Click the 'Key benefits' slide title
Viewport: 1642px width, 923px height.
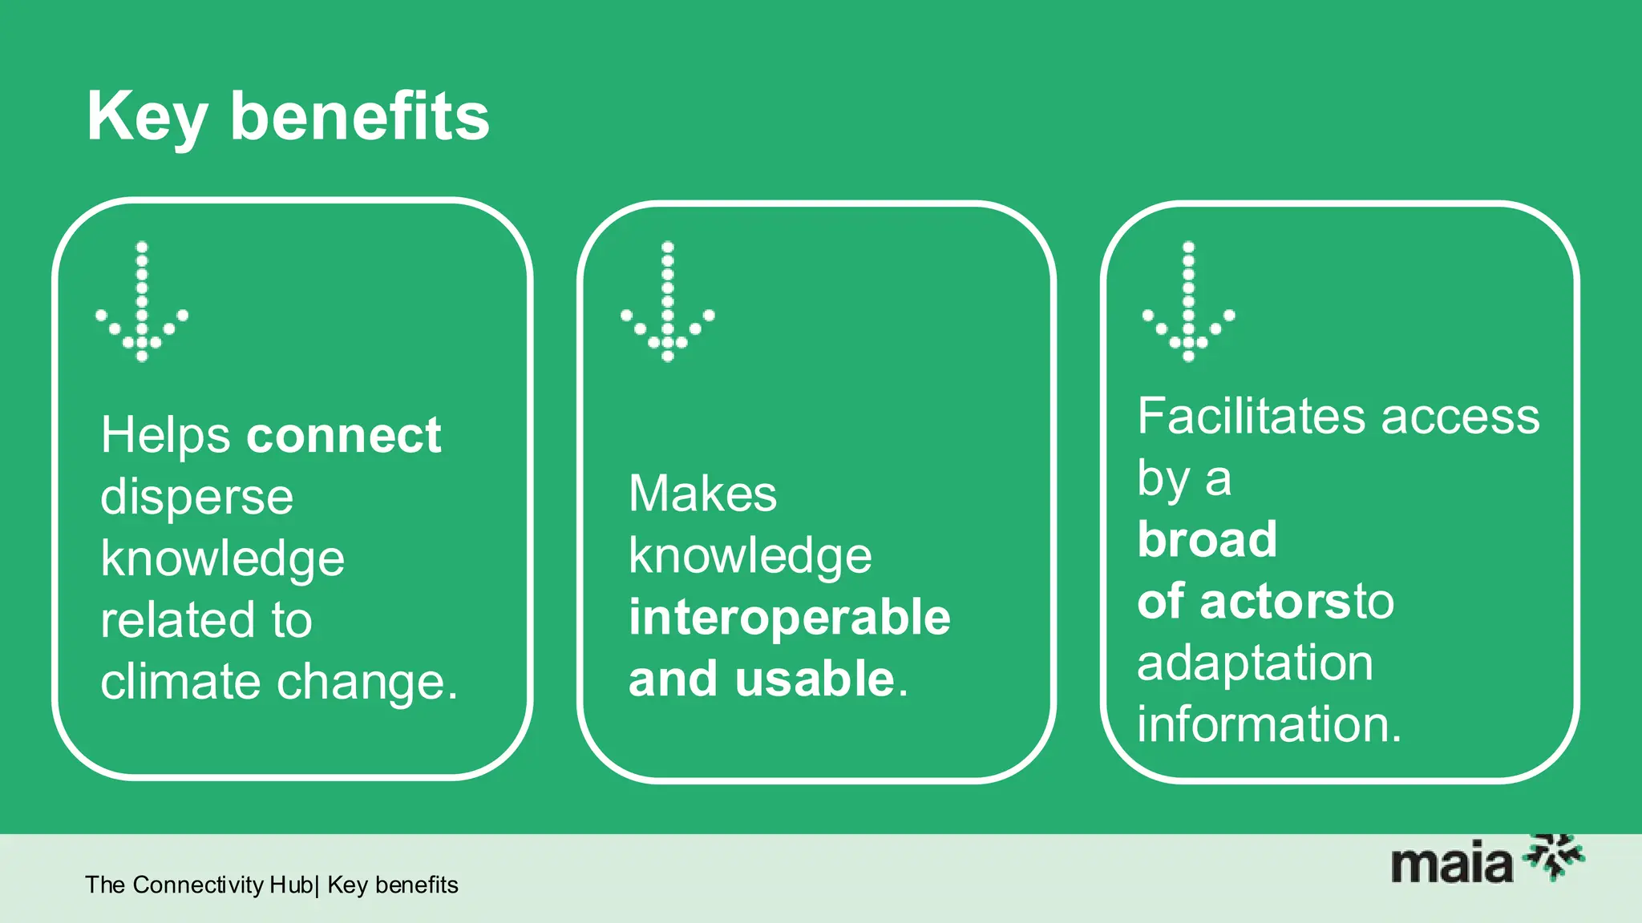click(x=288, y=117)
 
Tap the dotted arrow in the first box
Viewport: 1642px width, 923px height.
click(x=142, y=301)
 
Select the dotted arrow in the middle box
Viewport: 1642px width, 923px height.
click(x=667, y=301)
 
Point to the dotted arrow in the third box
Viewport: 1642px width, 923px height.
click(x=1188, y=301)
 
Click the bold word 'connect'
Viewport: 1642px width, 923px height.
click(x=343, y=436)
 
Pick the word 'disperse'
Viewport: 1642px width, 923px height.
click(x=197, y=498)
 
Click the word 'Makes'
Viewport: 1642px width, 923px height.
click(x=702, y=494)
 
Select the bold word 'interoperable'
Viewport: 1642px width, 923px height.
click(x=789, y=618)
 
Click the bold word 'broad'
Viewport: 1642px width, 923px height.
click(x=1207, y=539)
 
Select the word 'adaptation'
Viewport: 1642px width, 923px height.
click(x=1255, y=663)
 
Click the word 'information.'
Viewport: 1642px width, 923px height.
click(x=1269, y=724)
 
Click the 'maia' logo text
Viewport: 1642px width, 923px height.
click(x=1451, y=865)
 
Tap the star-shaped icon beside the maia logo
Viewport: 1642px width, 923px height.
click(x=1555, y=856)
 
